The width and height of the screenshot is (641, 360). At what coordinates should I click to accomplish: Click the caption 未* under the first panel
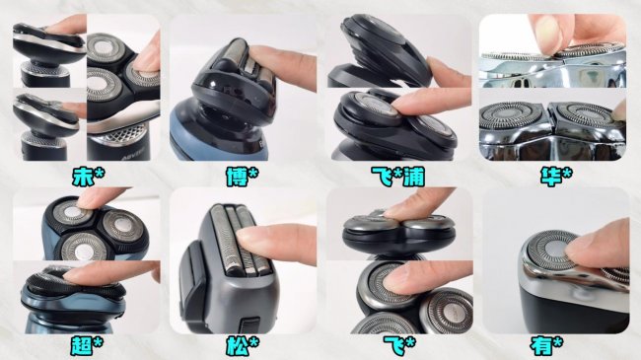89,177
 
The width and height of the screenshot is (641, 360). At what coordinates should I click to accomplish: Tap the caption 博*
243,177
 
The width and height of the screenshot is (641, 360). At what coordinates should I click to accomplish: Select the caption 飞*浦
397,177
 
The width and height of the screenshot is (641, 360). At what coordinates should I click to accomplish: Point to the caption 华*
555,177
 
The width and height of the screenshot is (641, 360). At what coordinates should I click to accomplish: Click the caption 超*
87,346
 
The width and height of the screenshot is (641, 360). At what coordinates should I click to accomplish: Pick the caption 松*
243,346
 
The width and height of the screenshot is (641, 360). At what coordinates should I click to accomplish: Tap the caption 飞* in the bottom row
399,346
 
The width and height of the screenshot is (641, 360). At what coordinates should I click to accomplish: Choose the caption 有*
546,346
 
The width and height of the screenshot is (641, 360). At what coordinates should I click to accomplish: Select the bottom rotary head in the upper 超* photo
81,247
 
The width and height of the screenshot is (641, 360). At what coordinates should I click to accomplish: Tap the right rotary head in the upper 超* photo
121,226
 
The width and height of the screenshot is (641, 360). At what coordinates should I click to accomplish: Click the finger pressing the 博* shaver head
282,65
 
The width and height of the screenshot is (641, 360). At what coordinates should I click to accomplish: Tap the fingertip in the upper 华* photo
550,35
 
